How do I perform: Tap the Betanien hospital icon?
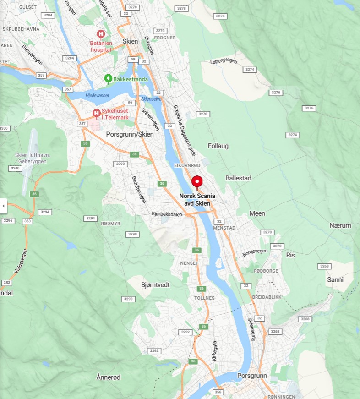101,34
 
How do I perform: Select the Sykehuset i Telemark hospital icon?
96,113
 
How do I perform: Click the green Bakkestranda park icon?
108,78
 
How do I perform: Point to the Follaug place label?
218,146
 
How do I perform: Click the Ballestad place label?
238,178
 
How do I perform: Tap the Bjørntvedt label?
155,284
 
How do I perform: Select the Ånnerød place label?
109,377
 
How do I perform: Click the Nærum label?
340,225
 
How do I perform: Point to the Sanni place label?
335,279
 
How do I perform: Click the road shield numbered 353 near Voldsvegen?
27,221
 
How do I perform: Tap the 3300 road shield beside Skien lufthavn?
15,169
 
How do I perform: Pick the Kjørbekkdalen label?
167,214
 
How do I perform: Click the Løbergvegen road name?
225,62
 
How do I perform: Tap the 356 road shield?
218,392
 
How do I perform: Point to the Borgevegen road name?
255,252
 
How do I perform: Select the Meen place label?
257,213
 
